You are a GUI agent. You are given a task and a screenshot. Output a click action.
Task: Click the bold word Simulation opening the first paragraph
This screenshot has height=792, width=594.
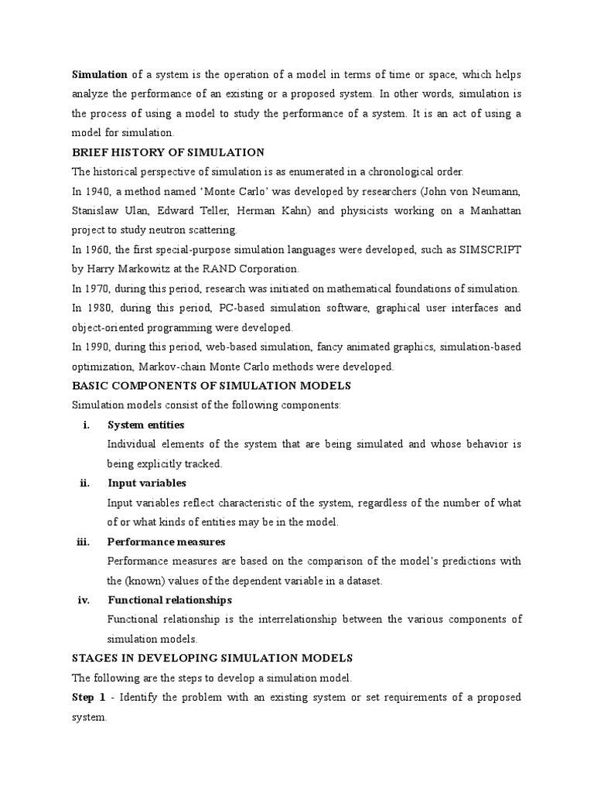click(100, 74)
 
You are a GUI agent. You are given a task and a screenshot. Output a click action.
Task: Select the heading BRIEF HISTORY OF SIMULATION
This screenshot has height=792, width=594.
click(168, 152)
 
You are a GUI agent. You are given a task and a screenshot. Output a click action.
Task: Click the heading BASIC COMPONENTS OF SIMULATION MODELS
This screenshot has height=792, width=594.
click(211, 386)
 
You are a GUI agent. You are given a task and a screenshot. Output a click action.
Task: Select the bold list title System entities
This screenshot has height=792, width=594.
click(146, 425)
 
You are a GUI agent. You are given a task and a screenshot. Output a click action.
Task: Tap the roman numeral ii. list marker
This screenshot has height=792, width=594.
click(85, 483)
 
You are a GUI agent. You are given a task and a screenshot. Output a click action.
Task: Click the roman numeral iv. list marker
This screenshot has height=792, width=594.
click(85, 600)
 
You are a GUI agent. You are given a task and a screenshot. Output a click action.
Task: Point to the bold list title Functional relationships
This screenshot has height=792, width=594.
click(170, 600)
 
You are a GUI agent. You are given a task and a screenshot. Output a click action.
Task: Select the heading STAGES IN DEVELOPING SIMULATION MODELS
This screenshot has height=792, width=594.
click(212, 658)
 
